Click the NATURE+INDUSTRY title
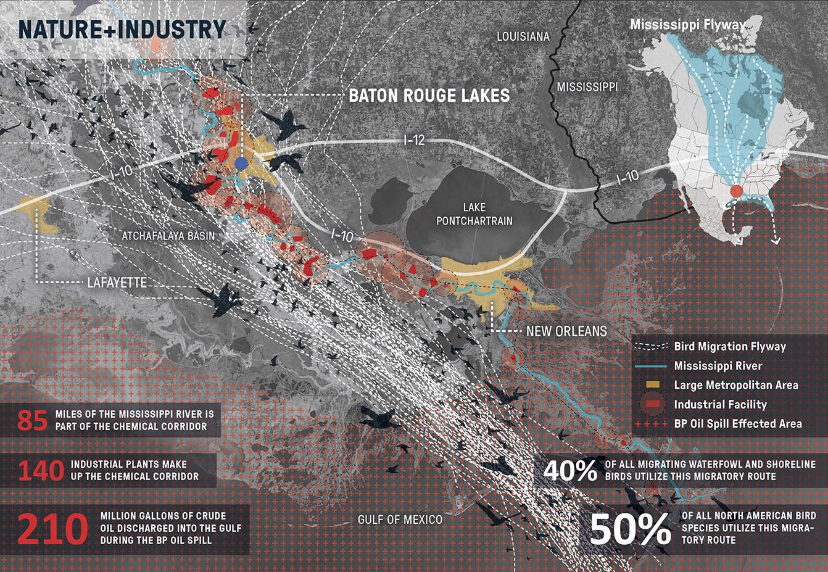(x=122, y=30)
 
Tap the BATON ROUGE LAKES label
(x=429, y=96)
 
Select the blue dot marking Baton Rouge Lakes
(x=242, y=163)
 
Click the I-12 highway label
(x=414, y=140)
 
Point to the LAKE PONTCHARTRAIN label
(x=474, y=213)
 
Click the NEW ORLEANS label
(x=566, y=331)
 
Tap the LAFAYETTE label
(x=117, y=283)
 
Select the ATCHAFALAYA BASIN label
(x=168, y=236)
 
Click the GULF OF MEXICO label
(x=400, y=520)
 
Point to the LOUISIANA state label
(x=523, y=37)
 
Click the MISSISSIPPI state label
(x=587, y=87)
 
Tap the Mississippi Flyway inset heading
(x=687, y=25)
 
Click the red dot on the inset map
(x=737, y=191)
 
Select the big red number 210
(x=53, y=529)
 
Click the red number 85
(x=33, y=420)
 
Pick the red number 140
(x=41, y=471)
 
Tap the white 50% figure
(x=630, y=529)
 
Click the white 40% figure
(x=570, y=471)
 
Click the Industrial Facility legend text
(x=720, y=405)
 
